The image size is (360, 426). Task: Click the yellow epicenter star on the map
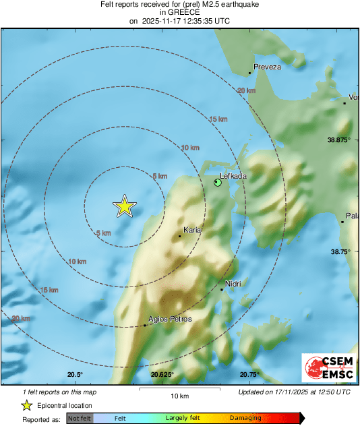tap(124, 206)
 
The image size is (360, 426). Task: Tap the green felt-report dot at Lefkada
tap(218, 183)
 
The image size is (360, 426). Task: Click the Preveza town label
tap(267, 67)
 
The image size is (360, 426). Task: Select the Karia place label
tap(192, 231)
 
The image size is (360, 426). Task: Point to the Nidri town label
tap(233, 284)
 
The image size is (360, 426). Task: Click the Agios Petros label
tap(170, 319)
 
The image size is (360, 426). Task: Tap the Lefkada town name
tap(234, 176)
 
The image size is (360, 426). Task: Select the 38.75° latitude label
tap(340, 251)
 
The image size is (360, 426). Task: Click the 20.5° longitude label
tap(75, 375)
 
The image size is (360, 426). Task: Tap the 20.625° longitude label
tap(162, 375)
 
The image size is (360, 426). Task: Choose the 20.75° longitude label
tap(249, 375)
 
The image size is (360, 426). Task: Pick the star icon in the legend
tap(26, 406)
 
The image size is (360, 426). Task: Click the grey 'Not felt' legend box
tap(79, 419)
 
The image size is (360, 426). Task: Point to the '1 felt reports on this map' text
tap(59, 392)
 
